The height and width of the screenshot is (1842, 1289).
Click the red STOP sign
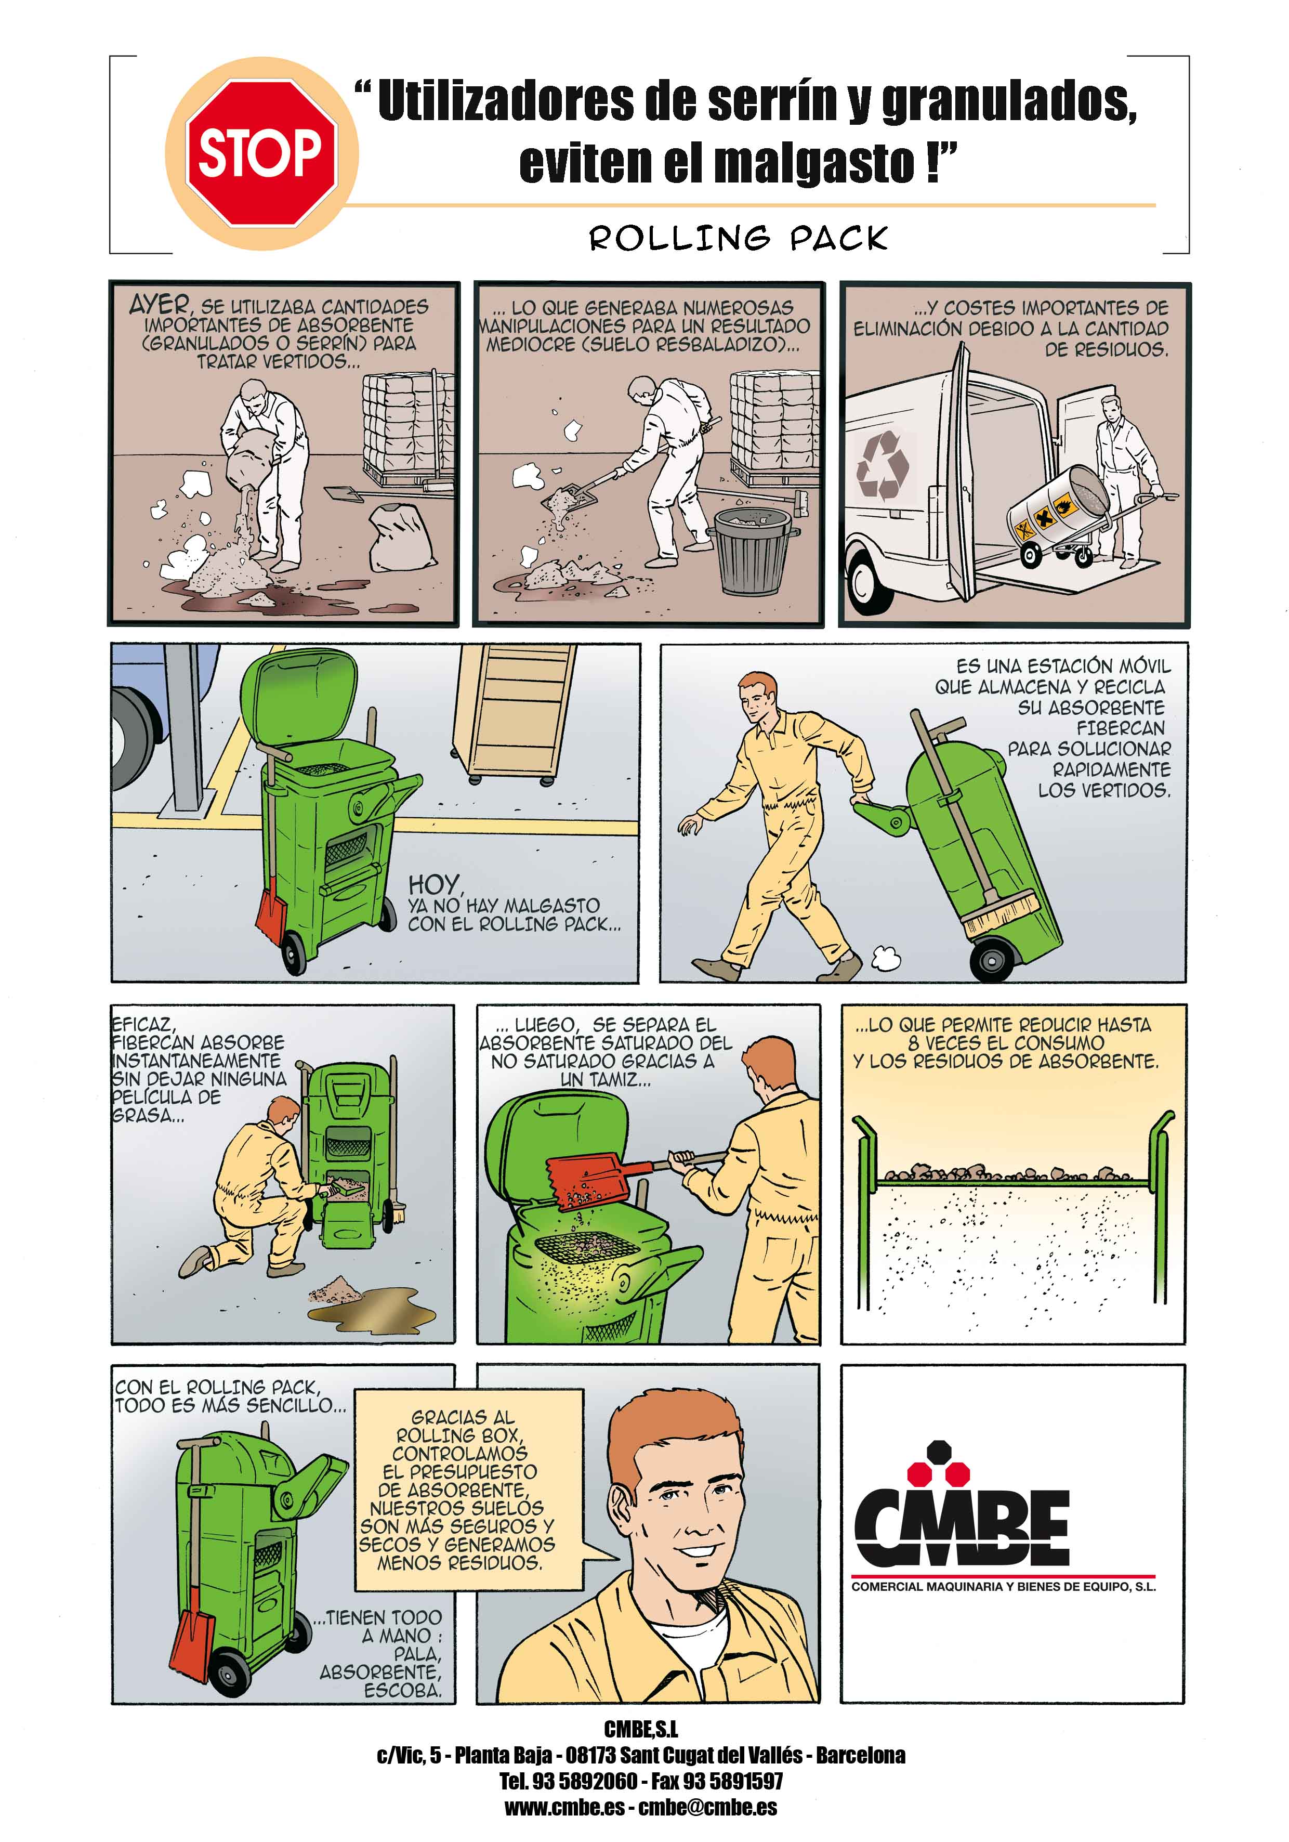261,152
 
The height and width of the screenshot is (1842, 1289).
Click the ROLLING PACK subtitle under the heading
738,238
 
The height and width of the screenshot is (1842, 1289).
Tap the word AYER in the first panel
160,305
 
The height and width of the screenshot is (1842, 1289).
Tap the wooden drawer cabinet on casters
514,714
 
